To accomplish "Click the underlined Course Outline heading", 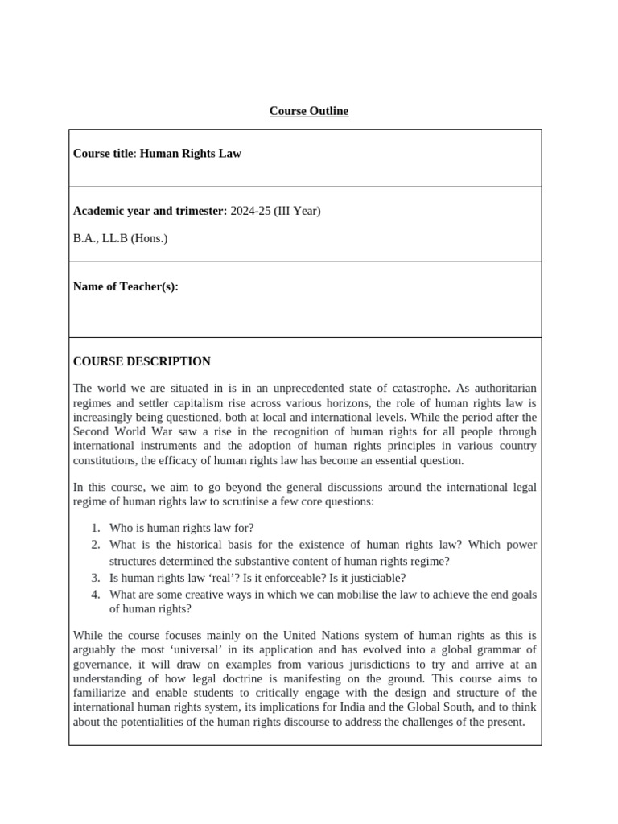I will click(309, 111).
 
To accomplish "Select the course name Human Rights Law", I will click(191, 153).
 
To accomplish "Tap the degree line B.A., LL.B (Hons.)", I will click(121, 238).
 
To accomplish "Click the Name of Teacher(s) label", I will click(126, 286).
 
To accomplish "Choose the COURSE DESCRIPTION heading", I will click(142, 361).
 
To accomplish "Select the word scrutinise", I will click(289, 501).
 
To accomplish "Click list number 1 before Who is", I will click(95, 528).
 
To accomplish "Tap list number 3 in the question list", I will click(95, 578).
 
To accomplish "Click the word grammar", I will click(500, 649).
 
